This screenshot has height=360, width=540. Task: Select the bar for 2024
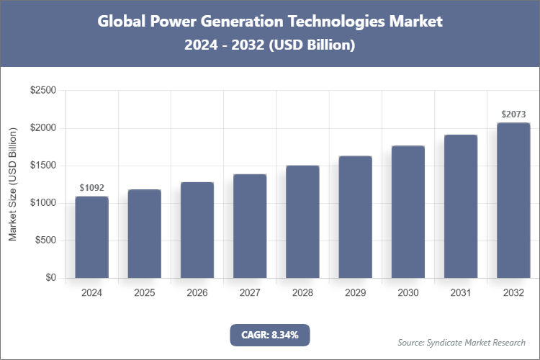tap(91, 238)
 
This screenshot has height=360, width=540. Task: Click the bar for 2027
tap(250, 226)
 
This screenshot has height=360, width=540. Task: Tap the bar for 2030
tap(408, 212)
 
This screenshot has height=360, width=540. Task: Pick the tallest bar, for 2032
tap(513, 201)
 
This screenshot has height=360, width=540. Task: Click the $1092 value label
tap(91, 188)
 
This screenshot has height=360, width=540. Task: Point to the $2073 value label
tap(513, 114)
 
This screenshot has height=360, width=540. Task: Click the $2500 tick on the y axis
tap(42, 91)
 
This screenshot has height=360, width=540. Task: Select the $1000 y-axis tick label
tap(42, 203)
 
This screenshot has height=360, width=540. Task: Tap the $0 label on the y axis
tap(50, 278)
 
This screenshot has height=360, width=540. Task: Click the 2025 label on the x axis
tap(144, 293)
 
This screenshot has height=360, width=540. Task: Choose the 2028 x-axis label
tap(302, 293)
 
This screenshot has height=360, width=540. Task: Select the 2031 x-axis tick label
tap(461, 293)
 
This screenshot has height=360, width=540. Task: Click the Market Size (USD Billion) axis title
tap(13, 184)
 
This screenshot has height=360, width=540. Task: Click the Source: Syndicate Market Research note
tap(462, 342)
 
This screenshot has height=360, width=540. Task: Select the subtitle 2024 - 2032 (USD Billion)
tap(269, 45)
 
